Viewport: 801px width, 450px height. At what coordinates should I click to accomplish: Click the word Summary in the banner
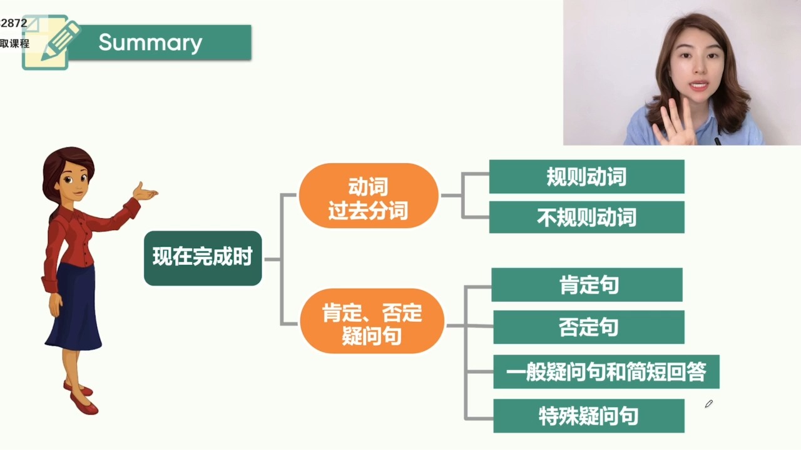click(x=150, y=43)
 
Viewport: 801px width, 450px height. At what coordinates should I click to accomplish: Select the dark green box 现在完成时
click(x=203, y=258)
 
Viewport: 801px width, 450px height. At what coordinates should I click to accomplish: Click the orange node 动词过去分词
click(x=369, y=196)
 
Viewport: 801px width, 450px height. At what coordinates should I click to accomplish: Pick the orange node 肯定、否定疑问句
click(x=372, y=321)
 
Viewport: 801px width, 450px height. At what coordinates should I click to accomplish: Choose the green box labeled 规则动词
click(x=587, y=177)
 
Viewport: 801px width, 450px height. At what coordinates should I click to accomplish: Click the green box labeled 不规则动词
click(x=587, y=217)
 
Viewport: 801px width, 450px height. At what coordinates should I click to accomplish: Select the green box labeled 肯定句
click(x=587, y=284)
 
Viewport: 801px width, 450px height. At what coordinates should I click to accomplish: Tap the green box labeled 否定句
click(x=589, y=327)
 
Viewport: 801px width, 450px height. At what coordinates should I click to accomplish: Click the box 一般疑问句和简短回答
click(x=606, y=372)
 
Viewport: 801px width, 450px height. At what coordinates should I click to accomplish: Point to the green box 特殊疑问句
click(x=589, y=416)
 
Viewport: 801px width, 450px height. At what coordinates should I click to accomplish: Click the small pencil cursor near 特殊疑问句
click(x=709, y=404)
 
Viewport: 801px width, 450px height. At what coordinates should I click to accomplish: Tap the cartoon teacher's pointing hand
click(x=145, y=192)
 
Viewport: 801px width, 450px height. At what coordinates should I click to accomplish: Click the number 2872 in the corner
click(x=14, y=23)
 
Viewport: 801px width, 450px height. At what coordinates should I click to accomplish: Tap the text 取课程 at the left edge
click(x=14, y=44)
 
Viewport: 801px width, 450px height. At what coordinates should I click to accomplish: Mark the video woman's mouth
click(x=699, y=86)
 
